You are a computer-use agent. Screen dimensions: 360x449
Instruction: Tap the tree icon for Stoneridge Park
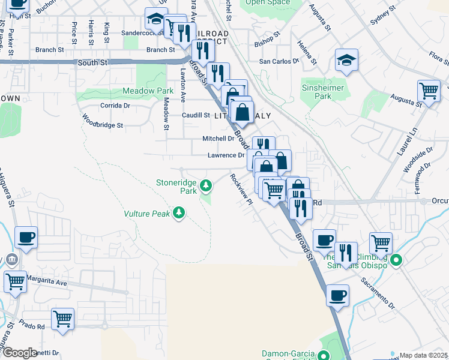click(x=206, y=186)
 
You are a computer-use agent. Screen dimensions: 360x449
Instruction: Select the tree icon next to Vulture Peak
click(x=179, y=213)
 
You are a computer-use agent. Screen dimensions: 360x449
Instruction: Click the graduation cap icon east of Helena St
click(x=347, y=61)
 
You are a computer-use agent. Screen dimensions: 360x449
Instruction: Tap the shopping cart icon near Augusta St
click(x=429, y=91)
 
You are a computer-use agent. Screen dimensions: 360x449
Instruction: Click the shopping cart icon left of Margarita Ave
click(x=15, y=280)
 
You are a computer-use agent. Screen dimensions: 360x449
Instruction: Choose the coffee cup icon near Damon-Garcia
click(x=337, y=295)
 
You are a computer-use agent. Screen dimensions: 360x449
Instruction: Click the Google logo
click(x=20, y=353)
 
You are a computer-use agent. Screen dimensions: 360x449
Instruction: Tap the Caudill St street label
click(x=196, y=115)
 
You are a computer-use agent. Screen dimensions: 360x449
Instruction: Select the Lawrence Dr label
click(x=226, y=155)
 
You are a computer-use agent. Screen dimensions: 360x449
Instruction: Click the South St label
click(x=91, y=62)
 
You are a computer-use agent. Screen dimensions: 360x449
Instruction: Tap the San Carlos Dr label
click(x=279, y=61)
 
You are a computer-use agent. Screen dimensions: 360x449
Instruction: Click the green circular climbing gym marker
click(x=396, y=260)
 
